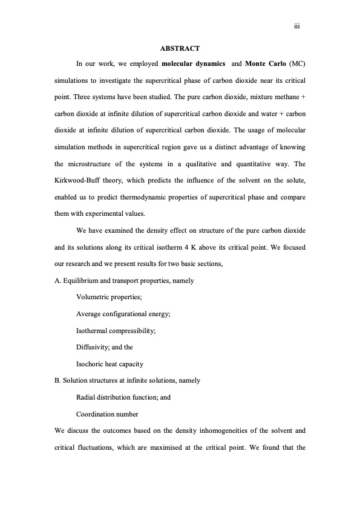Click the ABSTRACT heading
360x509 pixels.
point(180,48)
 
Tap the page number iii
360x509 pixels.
point(297,27)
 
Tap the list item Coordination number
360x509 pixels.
point(107,414)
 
